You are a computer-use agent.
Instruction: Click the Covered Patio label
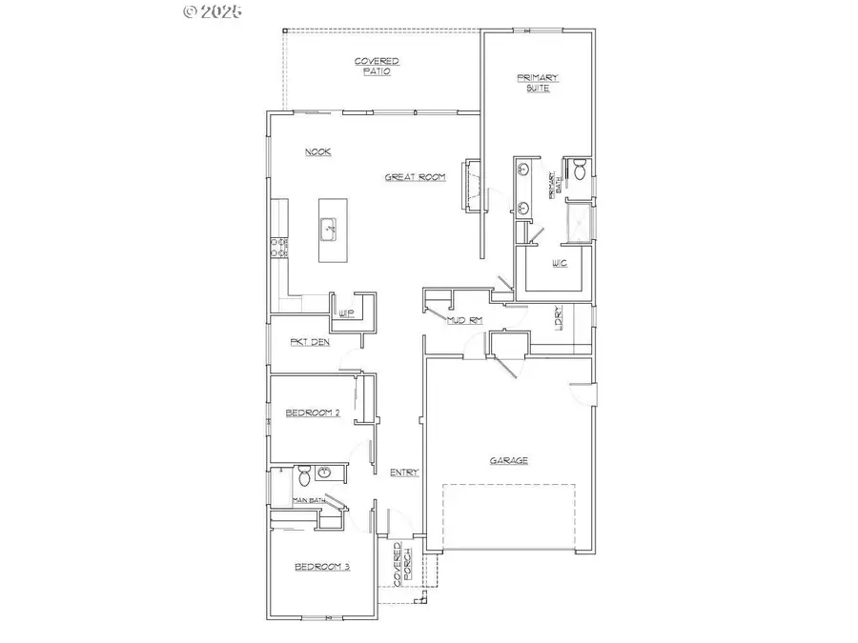coord(377,66)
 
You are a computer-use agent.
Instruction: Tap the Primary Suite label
coord(537,83)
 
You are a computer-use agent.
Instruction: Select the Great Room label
coord(415,177)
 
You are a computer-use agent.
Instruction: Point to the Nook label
coord(317,152)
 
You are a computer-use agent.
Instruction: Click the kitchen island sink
coord(329,228)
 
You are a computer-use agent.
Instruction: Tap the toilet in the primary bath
coord(577,171)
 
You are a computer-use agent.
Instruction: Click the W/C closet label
coord(560,264)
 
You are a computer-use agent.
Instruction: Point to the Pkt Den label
coord(311,341)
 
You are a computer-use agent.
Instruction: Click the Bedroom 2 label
coord(313,412)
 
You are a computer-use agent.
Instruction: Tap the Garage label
coord(508,461)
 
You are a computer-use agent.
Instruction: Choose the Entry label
coord(404,472)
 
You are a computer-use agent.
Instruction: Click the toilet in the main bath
coord(302,474)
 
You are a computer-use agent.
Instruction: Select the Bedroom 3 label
coord(321,567)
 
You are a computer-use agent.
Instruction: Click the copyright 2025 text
coord(213,11)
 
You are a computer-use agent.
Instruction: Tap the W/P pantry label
coord(346,312)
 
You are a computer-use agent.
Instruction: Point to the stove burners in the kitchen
coord(279,249)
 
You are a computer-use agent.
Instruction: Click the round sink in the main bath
coord(325,472)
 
